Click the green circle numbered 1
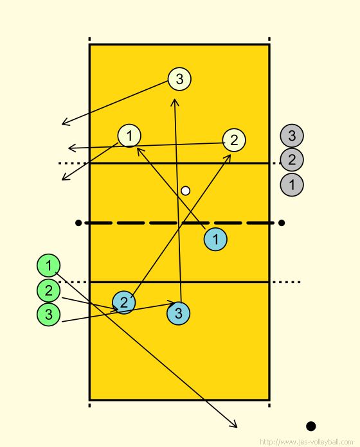(48, 265)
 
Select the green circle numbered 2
(48, 291)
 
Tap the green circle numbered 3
(48, 315)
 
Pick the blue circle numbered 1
(215, 240)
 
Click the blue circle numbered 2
(124, 302)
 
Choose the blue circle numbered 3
(178, 313)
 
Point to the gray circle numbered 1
(292, 184)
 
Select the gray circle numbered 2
(292, 160)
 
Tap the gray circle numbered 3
(292, 136)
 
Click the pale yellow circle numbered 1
(129, 136)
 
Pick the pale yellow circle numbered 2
(234, 140)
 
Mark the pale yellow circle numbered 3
(179, 79)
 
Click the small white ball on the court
(185, 191)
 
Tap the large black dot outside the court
(311, 426)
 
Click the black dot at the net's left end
(78, 223)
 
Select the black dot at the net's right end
(282, 223)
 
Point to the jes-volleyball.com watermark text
(307, 442)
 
